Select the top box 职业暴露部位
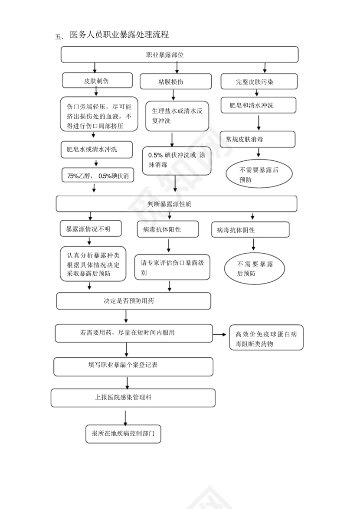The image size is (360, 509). (x=179, y=55)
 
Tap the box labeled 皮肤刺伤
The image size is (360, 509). (x=97, y=81)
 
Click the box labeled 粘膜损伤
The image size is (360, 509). (x=176, y=82)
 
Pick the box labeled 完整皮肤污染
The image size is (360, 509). (x=259, y=81)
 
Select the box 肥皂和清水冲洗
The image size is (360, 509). (x=258, y=105)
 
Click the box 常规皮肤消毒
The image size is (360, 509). (x=258, y=140)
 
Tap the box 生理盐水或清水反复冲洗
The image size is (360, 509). (x=177, y=116)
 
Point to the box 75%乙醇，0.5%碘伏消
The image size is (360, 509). (x=98, y=176)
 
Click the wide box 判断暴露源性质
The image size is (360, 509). (x=177, y=204)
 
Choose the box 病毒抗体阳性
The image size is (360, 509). (x=167, y=229)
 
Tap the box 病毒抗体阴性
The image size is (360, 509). (x=250, y=230)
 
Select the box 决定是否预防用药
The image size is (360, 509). (x=134, y=301)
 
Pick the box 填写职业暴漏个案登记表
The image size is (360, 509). (x=133, y=366)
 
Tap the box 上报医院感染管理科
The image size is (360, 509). (x=133, y=398)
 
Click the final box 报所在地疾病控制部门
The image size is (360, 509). (x=123, y=434)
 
